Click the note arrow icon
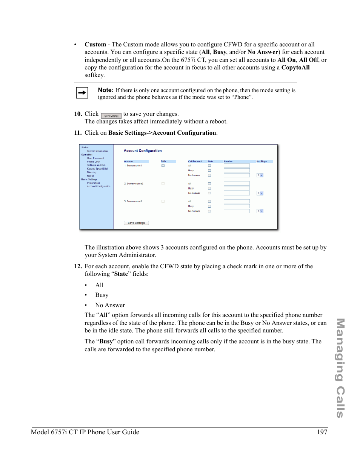pos(82,93)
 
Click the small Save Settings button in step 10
pos(111,116)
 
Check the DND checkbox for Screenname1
pos(163,166)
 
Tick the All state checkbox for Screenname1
pos(209,166)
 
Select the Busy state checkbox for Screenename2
pos(209,188)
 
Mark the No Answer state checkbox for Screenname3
pos(209,211)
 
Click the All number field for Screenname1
pos(237,166)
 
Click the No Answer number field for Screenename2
pos(237,193)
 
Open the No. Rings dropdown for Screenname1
pos(260,175)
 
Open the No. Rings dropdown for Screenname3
pos(260,211)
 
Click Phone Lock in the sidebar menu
pos(93,162)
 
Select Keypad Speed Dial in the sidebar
pos(97,169)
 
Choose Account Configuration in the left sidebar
pos(98,186)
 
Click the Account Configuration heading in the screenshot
pos(143,151)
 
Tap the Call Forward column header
pos(195,161)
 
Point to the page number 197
pos(322,432)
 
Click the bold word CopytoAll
pos(295,68)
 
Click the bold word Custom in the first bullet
pos(95,45)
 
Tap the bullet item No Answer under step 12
pos(110,305)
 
